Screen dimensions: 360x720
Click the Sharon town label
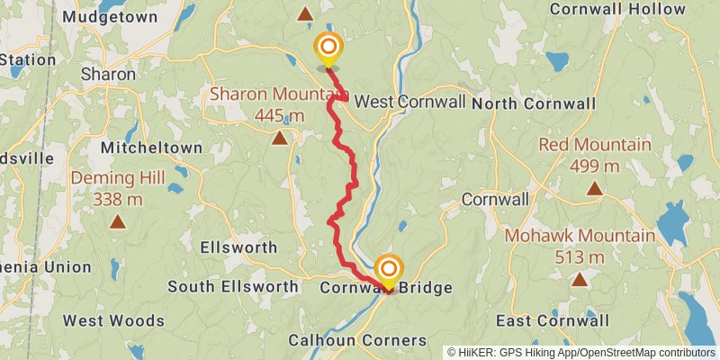[108, 75]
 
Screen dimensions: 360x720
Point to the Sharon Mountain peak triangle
[280, 138]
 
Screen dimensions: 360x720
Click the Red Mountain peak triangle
[594, 188]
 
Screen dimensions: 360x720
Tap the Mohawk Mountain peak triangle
[580, 280]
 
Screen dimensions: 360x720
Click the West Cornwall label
[410, 101]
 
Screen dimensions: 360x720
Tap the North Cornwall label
[545, 103]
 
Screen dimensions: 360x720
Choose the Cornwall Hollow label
[616, 9]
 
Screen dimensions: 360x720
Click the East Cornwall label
[553, 320]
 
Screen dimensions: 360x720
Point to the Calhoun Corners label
[357, 340]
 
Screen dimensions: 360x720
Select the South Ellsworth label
[233, 287]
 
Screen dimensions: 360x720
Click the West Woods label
[113, 320]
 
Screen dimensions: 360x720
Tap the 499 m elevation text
[594, 166]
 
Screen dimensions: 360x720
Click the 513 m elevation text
[580, 257]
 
